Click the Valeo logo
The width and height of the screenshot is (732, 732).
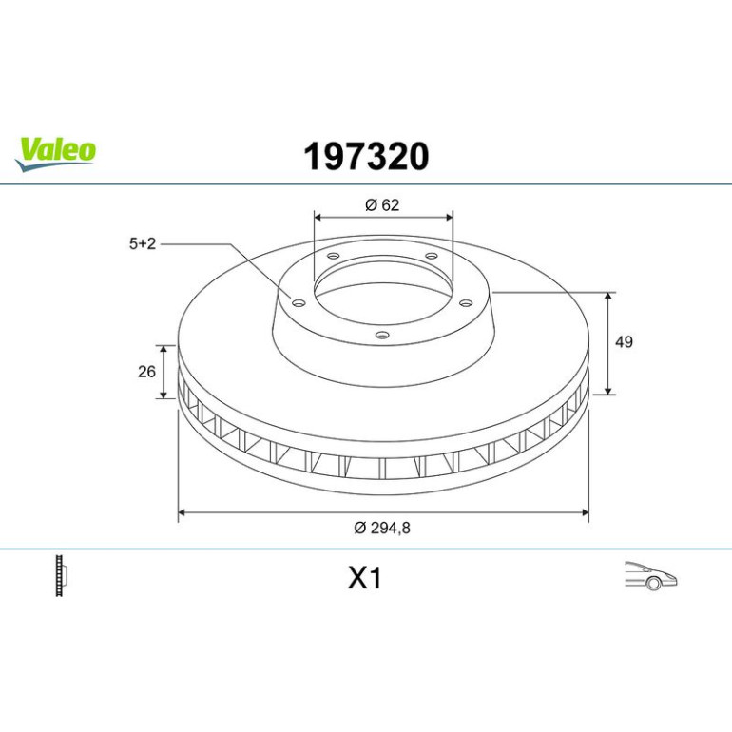55,154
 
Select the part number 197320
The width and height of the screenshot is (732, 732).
366,157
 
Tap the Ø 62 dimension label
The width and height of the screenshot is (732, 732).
382,205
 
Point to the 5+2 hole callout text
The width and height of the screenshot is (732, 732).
143,243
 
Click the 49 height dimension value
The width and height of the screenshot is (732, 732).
624,341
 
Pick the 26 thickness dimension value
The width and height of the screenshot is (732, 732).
146,372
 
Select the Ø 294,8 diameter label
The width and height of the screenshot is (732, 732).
382,528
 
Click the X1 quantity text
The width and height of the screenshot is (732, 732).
365,578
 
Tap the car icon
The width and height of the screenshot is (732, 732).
651,575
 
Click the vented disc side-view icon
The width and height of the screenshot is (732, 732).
61,575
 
